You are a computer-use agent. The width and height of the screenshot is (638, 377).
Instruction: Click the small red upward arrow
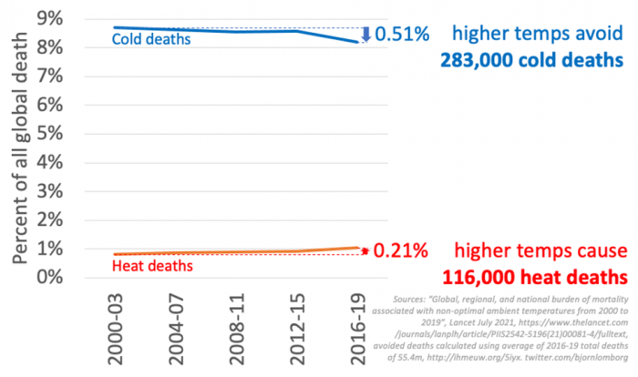pos(365,250)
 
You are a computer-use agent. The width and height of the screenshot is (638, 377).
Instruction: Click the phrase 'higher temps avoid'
pos(538,35)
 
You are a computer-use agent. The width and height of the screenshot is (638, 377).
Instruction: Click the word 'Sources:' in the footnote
pos(409,298)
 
